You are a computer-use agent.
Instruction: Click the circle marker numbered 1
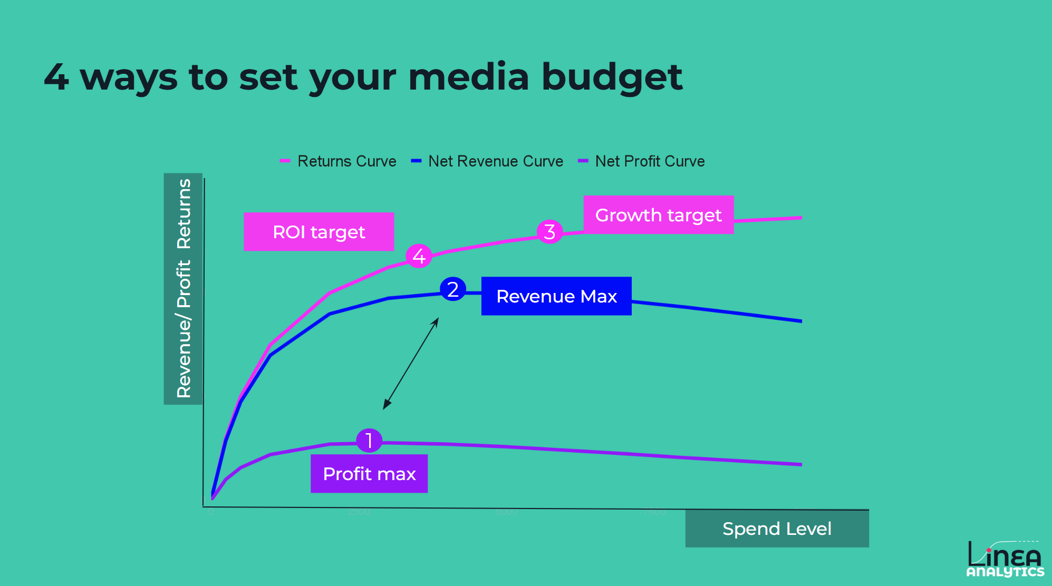(x=369, y=441)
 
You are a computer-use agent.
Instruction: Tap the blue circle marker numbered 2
(x=452, y=289)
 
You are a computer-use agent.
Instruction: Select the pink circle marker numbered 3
(x=549, y=231)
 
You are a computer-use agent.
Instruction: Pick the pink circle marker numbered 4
(x=419, y=256)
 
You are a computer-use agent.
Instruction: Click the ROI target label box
(x=319, y=232)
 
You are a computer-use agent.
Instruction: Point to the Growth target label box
(x=658, y=215)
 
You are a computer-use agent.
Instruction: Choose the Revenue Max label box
(x=556, y=296)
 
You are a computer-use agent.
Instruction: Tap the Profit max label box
(x=369, y=474)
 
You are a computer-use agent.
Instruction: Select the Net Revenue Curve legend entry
(x=487, y=161)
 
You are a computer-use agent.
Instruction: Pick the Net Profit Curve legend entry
(x=642, y=161)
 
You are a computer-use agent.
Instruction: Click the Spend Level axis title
(x=777, y=529)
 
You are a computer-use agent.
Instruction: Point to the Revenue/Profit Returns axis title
(x=184, y=289)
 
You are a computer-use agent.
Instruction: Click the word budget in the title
(x=612, y=77)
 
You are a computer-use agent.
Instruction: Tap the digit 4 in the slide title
(x=56, y=77)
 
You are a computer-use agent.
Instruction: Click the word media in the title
(x=468, y=77)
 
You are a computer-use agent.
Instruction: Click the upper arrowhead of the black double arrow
(x=437, y=319)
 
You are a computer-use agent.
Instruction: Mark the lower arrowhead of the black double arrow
(x=385, y=406)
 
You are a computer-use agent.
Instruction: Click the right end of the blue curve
(x=801, y=320)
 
